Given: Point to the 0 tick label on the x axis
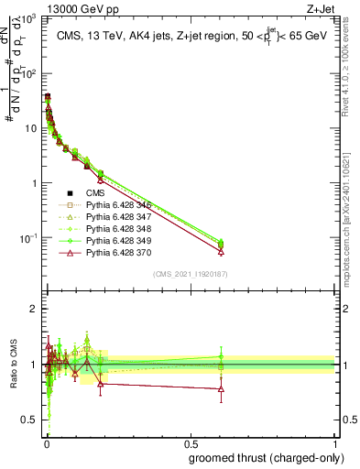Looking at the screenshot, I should pos(45,443).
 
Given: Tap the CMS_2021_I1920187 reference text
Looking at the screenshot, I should pos(191,273).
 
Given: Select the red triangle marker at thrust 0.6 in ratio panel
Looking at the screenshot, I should pos(220,389).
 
